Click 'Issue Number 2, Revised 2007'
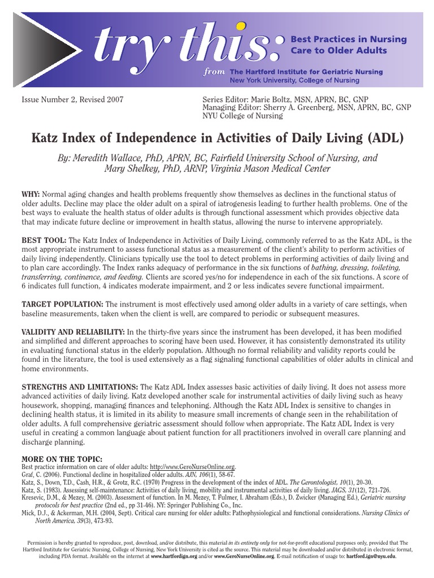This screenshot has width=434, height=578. (72, 99)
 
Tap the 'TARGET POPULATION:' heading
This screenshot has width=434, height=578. (62, 304)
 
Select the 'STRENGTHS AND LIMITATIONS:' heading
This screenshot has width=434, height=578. (80, 387)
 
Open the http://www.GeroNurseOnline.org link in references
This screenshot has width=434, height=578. (193, 467)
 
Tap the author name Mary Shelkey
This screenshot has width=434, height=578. (131, 169)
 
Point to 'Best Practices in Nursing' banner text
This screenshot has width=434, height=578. (348, 40)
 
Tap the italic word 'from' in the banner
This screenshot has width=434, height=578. (215, 72)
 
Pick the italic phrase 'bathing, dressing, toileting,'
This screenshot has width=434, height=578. (362, 268)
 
